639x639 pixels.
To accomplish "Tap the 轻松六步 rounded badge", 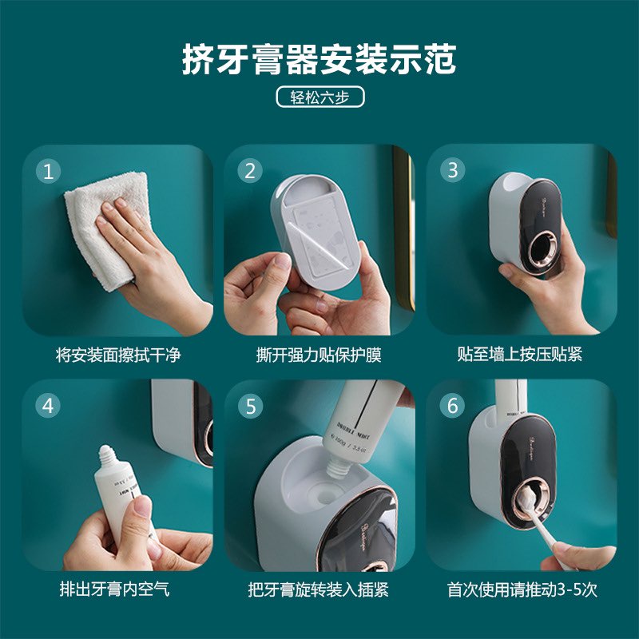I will (319, 97).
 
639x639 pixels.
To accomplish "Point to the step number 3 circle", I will (453, 170).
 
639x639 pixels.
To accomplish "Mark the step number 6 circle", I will (453, 405).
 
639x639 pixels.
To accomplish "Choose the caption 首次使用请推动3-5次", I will (522, 590).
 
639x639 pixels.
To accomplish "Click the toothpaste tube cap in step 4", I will (109, 459).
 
